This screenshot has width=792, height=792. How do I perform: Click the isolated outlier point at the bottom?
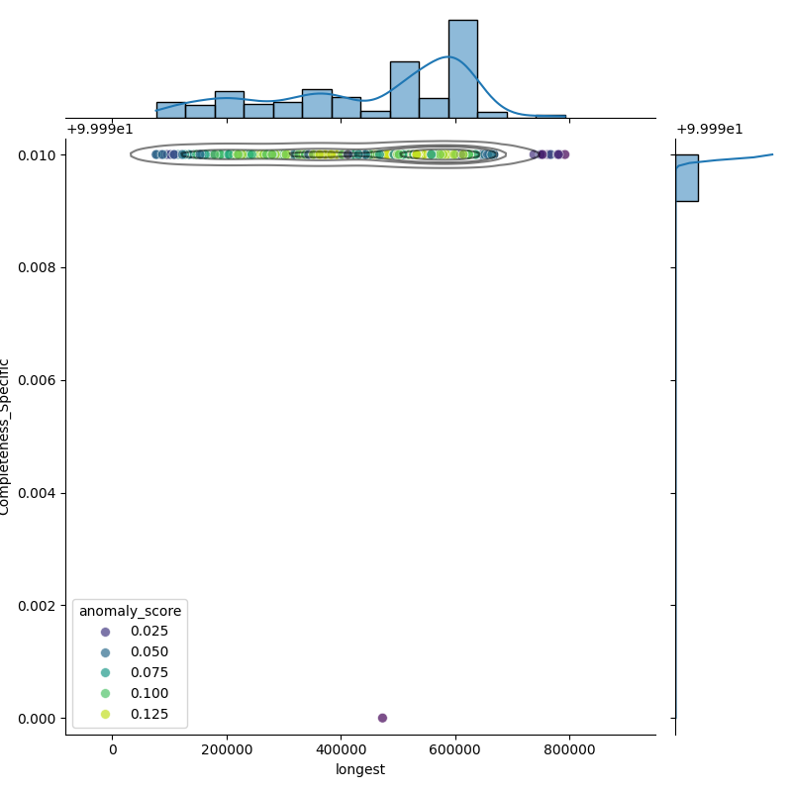(x=382, y=718)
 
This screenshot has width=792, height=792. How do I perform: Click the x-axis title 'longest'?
(x=360, y=769)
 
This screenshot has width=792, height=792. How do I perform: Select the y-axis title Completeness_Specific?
(x=6, y=437)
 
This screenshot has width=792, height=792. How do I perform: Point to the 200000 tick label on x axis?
(x=227, y=749)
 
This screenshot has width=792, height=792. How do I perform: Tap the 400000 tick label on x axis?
(x=342, y=749)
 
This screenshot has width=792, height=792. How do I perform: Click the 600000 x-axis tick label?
(x=455, y=749)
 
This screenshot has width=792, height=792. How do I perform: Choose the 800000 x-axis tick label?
(x=570, y=749)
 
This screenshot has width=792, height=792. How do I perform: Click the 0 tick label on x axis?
(x=113, y=749)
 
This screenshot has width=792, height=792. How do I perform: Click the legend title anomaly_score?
(x=130, y=611)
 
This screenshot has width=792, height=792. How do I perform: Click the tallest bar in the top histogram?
(x=462, y=69)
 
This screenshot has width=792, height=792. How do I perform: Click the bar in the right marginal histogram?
(x=687, y=178)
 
